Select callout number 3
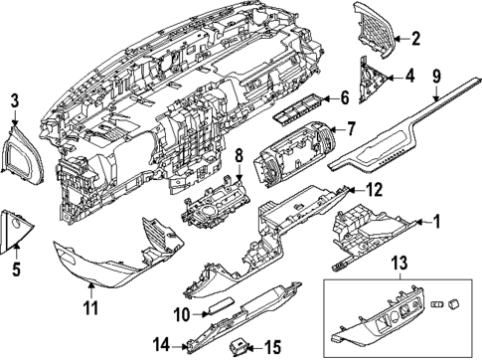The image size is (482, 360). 15,100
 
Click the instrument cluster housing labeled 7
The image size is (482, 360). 292,152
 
